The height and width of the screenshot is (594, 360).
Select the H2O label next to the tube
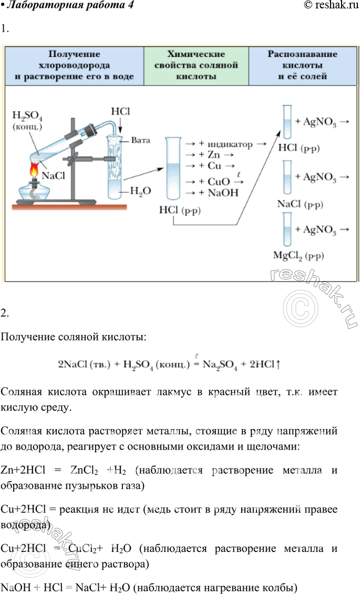coord(139,192)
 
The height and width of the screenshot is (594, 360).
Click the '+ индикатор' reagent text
coord(225,143)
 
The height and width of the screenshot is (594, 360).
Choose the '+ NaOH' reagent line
coord(217,193)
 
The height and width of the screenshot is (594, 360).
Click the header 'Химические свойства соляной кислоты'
coord(196,65)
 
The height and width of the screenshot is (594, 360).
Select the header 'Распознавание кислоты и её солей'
coord(302,65)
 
